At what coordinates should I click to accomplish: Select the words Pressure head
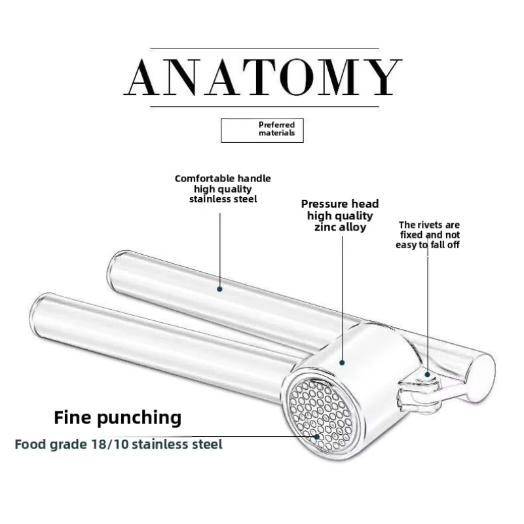[x=339, y=204]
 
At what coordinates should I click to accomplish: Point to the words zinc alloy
[x=339, y=227]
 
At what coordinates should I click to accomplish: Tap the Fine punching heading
[x=117, y=417]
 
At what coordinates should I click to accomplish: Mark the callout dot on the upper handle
[x=219, y=288]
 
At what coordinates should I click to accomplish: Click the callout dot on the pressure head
[x=341, y=361]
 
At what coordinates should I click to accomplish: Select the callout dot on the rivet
[x=427, y=375]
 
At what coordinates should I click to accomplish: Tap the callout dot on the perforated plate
[x=317, y=436]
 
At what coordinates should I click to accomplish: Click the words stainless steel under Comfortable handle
[x=223, y=198]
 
